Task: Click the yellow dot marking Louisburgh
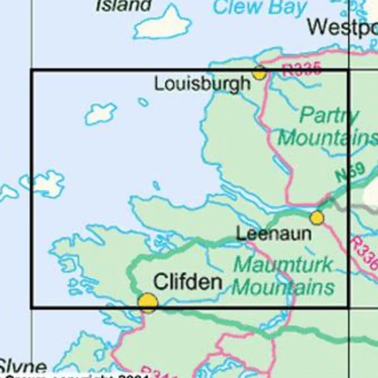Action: click(x=259, y=73)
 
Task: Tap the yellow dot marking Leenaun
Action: click(x=317, y=218)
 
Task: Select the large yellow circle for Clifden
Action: click(x=148, y=302)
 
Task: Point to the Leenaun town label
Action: click(x=274, y=234)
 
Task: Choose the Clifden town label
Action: click(x=187, y=282)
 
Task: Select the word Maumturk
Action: click(x=283, y=265)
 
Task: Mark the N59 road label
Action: click(x=350, y=173)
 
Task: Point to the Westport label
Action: click(x=342, y=27)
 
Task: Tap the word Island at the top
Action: click(x=123, y=6)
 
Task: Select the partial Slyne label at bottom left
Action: click(x=23, y=367)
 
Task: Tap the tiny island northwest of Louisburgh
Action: click(x=143, y=102)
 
